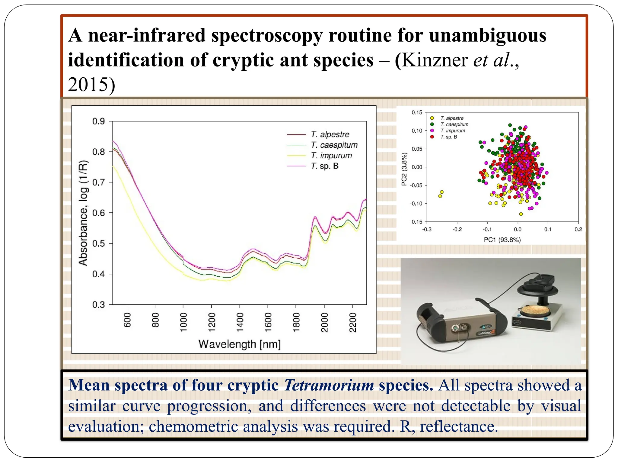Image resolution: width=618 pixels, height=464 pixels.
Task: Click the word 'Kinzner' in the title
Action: (435, 60)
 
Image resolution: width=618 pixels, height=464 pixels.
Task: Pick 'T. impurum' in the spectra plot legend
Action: (331, 156)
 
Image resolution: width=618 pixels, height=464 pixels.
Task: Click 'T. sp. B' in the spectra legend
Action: (325, 166)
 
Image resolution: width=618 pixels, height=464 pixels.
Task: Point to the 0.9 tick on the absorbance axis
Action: (98, 121)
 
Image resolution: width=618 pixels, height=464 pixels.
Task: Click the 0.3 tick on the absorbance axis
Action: (98, 305)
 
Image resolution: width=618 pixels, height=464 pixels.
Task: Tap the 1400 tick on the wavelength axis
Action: (240, 322)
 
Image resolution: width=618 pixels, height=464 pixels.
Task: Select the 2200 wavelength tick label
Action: (353, 322)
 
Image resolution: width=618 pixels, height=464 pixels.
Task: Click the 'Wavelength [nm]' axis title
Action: (239, 344)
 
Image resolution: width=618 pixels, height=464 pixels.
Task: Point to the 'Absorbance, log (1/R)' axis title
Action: (83, 213)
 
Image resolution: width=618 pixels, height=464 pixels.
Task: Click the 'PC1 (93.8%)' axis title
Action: (502, 240)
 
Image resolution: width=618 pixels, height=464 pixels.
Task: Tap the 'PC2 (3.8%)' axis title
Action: (404, 169)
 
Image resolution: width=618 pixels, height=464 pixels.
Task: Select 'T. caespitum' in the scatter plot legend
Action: (454, 124)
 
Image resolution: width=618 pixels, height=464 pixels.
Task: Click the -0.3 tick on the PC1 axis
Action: (427, 230)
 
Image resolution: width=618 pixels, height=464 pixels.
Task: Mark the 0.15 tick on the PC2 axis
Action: (417, 113)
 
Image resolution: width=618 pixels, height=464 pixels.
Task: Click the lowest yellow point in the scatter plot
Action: (521, 214)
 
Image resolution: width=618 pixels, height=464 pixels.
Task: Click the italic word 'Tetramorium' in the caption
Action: (329, 385)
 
